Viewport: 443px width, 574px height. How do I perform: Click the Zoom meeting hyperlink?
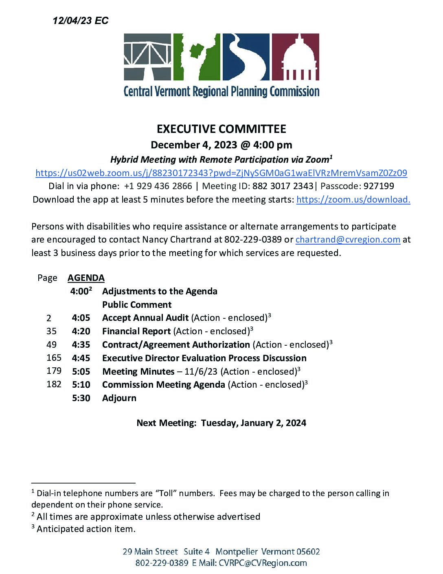[x=221, y=173]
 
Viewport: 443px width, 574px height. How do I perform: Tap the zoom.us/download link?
[x=353, y=199]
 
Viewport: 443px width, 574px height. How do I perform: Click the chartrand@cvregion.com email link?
[x=348, y=239]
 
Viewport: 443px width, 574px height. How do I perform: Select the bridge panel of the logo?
[x=147, y=57]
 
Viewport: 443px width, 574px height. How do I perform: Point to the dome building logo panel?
[x=295, y=57]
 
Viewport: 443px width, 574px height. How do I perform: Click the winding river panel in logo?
[x=246, y=57]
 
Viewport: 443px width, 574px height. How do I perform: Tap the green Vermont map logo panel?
[x=197, y=57]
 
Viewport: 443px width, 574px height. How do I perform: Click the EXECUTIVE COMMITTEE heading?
[x=221, y=129]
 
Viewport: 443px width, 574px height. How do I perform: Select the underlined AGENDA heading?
[x=86, y=278]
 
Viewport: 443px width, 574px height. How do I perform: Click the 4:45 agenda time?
[x=81, y=358]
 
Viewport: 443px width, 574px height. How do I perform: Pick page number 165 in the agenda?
[x=54, y=358]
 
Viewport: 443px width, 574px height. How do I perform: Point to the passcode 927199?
[x=379, y=186]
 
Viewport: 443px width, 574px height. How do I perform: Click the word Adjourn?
[x=119, y=398]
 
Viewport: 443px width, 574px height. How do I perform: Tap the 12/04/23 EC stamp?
[x=81, y=20]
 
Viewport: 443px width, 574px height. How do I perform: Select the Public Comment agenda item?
[x=137, y=305]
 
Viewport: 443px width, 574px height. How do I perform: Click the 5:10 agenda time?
[x=81, y=384]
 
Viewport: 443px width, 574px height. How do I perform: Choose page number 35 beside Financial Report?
[x=51, y=331]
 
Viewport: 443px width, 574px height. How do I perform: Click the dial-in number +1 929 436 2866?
[x=158, y=186]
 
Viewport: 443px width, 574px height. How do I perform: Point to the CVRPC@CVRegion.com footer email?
[x=263, y=563]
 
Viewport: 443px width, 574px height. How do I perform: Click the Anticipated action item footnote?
[x=86, y=529]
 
